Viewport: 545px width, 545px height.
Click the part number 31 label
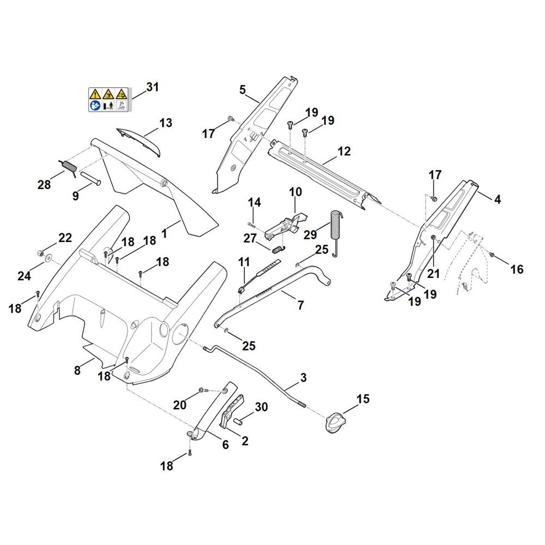(152, 87)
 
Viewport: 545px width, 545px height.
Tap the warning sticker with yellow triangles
(108, 100)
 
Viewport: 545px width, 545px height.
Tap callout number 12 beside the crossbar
(344, 152)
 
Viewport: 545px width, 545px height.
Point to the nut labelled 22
(40, 253)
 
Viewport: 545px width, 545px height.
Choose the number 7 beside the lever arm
(301, 305)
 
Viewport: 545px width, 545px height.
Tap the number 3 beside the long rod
(304, 378)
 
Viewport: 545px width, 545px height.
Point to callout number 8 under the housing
(77, 371)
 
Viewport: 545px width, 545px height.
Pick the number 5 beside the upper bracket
(243, 90)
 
